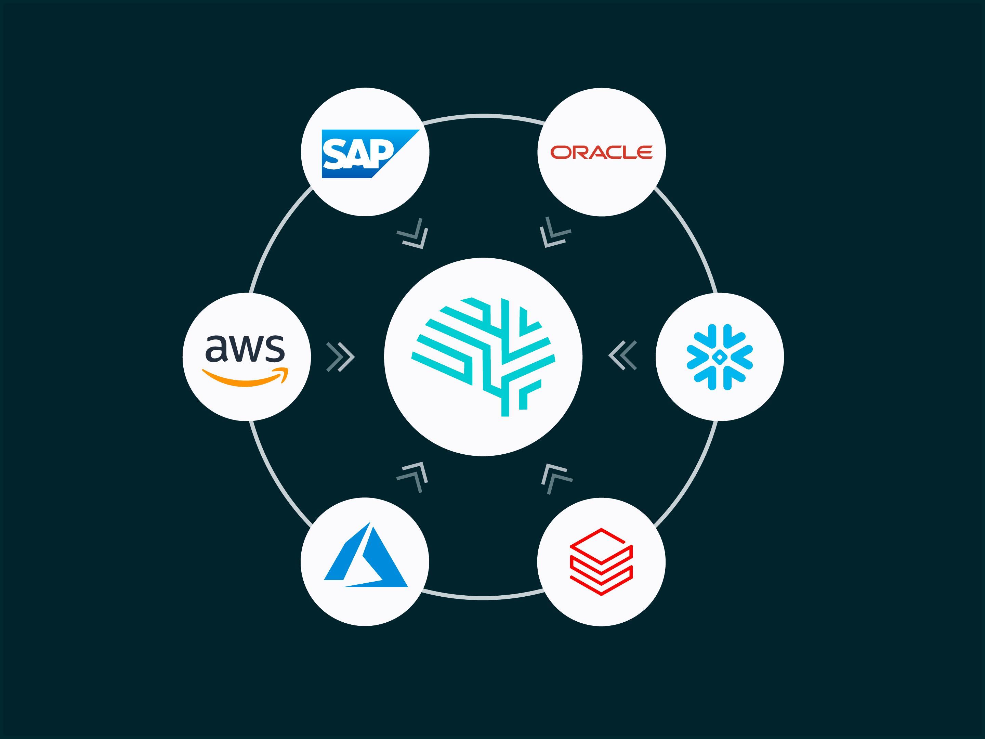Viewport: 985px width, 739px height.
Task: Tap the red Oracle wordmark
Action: click(602, 152)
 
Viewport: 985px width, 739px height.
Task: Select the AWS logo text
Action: click(245, 348)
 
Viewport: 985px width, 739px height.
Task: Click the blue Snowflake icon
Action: click(720, 357)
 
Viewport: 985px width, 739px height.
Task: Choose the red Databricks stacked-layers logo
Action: click(601, 562)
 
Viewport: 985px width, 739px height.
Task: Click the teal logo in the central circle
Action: click(484, 356)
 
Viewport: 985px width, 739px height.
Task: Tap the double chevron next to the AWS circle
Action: click(340, 357)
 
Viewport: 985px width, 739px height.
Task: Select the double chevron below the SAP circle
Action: click(413, 234)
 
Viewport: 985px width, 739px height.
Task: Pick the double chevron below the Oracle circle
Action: click(554, 233)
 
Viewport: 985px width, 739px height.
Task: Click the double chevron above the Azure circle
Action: click(413, 477)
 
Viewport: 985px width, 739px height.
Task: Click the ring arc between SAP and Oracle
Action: click(484, 116)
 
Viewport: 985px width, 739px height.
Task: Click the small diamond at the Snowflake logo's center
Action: click(720, 357)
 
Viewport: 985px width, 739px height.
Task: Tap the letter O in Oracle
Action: click(561, 152)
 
